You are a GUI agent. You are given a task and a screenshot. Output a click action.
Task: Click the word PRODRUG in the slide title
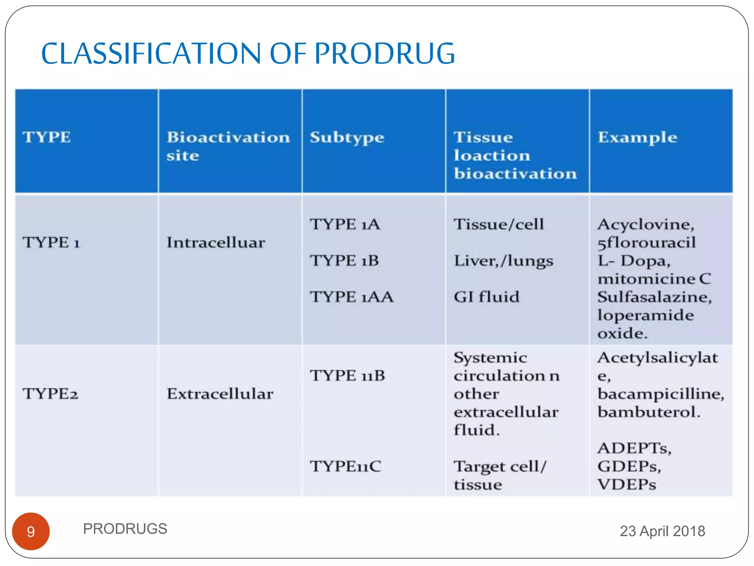(384, 54)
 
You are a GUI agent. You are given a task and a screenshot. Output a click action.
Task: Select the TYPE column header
(47, 137)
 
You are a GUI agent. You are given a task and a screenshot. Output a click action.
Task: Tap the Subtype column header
(347, 137)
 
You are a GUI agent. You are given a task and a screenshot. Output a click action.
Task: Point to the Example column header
(637, 137)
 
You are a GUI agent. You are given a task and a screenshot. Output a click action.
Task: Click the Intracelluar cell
(216, 242)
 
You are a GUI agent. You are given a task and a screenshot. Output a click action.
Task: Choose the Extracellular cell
(220, 394)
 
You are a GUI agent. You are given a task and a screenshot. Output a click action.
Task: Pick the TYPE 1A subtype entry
(345, 224)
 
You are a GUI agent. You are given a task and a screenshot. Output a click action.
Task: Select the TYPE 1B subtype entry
(344, 261)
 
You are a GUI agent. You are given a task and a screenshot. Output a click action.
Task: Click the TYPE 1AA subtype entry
(352, 297)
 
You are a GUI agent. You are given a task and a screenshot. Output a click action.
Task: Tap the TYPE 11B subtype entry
(348, 375)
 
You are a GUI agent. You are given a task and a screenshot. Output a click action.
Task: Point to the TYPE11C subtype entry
(345, 466)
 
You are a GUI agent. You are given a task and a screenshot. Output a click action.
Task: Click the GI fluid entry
(486, 297)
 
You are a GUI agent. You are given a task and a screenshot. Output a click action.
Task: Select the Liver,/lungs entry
(503, 261)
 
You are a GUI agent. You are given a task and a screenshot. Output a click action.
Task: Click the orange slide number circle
(31, 531)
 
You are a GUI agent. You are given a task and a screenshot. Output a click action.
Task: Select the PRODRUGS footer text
(125, 529)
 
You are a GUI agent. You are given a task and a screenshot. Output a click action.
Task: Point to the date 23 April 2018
(662, 531)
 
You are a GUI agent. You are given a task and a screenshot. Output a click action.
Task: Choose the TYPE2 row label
(50, 394)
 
